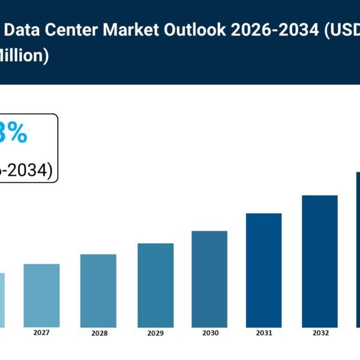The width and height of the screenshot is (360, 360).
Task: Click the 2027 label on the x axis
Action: (41, 332)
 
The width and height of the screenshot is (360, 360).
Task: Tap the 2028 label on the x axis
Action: (98, 333)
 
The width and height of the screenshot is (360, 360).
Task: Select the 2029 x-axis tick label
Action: (155, 333)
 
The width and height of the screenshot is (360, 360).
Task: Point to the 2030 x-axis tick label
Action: (210, 333)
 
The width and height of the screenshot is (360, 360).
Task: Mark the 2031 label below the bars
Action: (264, 333)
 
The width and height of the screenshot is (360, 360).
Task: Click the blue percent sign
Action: (17, 134)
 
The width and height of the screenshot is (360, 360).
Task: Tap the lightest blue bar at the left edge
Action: (2, 299)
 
